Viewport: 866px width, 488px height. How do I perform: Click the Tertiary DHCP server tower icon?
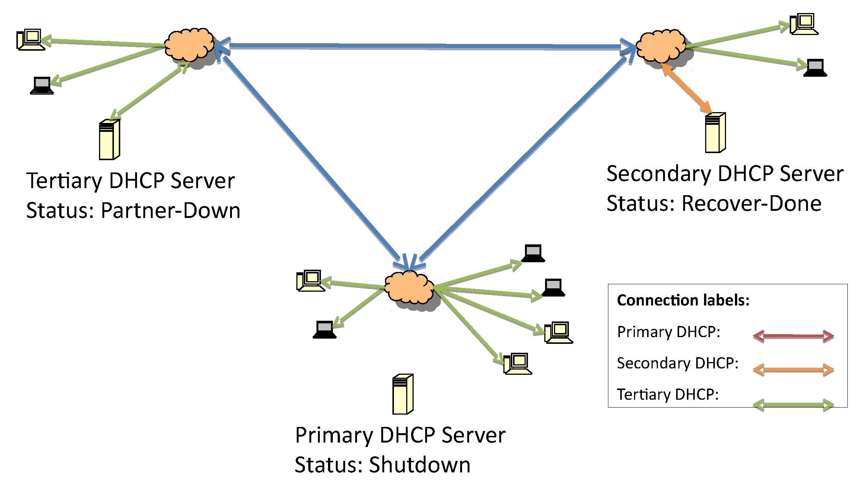click(x=109, y=140)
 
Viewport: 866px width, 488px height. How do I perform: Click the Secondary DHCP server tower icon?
click(x=715, y=133)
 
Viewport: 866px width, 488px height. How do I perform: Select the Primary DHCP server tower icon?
click(x=402, y=394)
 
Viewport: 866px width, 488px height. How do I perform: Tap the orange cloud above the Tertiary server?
click(x=189, y=45)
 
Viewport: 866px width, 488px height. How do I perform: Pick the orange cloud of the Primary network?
click(x=408, y=287)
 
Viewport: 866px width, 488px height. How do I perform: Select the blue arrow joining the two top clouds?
click(x=424, y=46)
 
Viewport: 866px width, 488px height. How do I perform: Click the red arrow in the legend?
click(x=793, y=336)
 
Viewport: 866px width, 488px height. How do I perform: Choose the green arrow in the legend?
click(x=793, y=405)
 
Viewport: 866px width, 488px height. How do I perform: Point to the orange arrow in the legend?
click(x=793, y=370)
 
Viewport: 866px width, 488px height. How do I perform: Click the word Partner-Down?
click(x=171, y=210)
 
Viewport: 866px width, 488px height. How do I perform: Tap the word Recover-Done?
click(x=751, y=204)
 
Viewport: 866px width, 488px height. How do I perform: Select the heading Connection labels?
click(x=683, y=300)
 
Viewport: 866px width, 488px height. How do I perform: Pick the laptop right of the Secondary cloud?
click(x=815, y=68)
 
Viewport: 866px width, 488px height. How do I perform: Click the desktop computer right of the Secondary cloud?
click(x=804, y=24)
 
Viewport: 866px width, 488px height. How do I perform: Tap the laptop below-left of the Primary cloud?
click(x=324, y=329)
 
